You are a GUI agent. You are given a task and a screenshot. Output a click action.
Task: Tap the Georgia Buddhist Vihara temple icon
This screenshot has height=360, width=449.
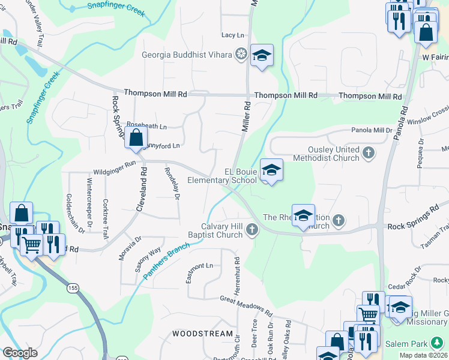pos(241,55)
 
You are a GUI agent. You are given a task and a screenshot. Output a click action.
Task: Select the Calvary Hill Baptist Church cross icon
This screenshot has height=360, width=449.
pos(253,229)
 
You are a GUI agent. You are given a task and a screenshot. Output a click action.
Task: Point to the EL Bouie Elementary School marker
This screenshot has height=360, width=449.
pos(271,170)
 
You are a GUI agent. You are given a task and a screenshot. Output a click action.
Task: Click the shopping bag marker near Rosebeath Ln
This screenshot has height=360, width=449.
pos(136,137)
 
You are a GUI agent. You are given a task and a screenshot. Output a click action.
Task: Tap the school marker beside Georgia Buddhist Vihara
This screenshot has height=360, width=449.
pos(262,56)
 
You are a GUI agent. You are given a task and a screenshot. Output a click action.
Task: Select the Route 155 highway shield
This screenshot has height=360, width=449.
pos(73,289)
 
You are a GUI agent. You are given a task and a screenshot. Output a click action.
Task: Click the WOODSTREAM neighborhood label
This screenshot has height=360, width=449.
pos(202,334)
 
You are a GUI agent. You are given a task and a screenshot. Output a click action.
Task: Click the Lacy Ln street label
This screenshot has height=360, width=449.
pos(232,36)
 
